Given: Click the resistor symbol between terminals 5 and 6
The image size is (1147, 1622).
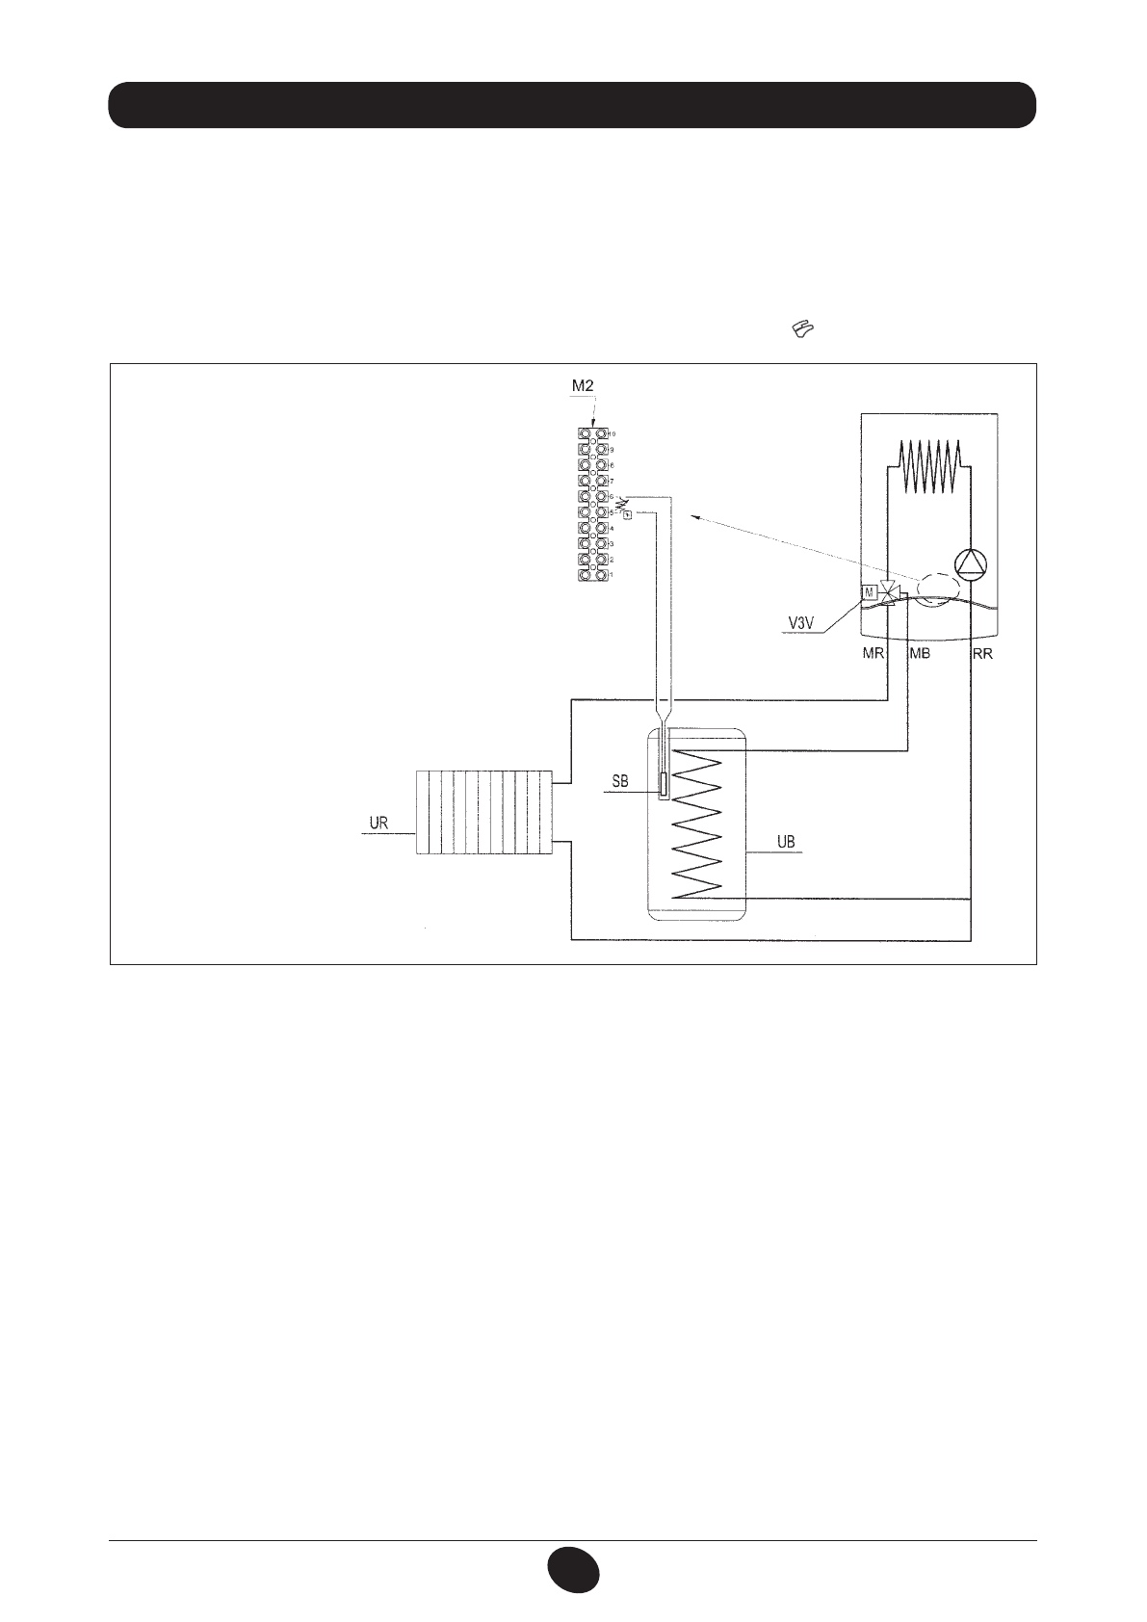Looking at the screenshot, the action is (621, 504).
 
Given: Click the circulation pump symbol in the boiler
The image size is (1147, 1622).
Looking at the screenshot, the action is (970, 564).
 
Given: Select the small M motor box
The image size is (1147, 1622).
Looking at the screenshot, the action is (870, 591).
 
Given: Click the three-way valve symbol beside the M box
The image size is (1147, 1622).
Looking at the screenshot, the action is (891, 592).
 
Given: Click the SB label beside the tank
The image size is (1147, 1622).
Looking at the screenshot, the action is (620, 782).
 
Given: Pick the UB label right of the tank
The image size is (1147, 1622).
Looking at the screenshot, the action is (786, 843).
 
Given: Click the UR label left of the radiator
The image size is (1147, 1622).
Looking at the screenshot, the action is (378, 824).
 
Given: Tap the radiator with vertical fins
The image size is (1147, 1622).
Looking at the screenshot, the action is (483, 812).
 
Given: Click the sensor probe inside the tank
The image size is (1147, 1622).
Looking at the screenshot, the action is (663, 786).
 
